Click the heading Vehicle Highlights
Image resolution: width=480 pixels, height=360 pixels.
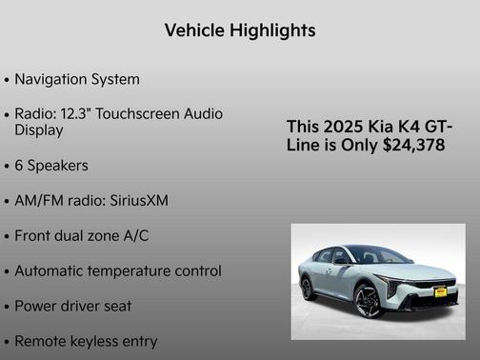[x=239, y=30]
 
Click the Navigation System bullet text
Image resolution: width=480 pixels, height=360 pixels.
[x=77, y=79]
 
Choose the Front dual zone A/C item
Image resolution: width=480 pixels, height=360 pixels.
[x=82, y=235]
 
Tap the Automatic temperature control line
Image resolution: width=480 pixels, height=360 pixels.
[x=118, y=271]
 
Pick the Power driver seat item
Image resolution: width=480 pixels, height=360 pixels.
[x=73, y=307]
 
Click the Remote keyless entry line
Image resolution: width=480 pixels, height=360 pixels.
[x=86, y=341]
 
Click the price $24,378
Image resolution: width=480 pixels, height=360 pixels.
[x=410, y=146]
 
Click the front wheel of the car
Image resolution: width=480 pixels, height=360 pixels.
[x=368, y=302]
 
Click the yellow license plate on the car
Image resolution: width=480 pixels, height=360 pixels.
[x=440, y=292]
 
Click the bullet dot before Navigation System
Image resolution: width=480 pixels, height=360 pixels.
[x=8, y=80]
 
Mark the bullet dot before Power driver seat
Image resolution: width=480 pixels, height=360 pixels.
[x=8, y=308]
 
